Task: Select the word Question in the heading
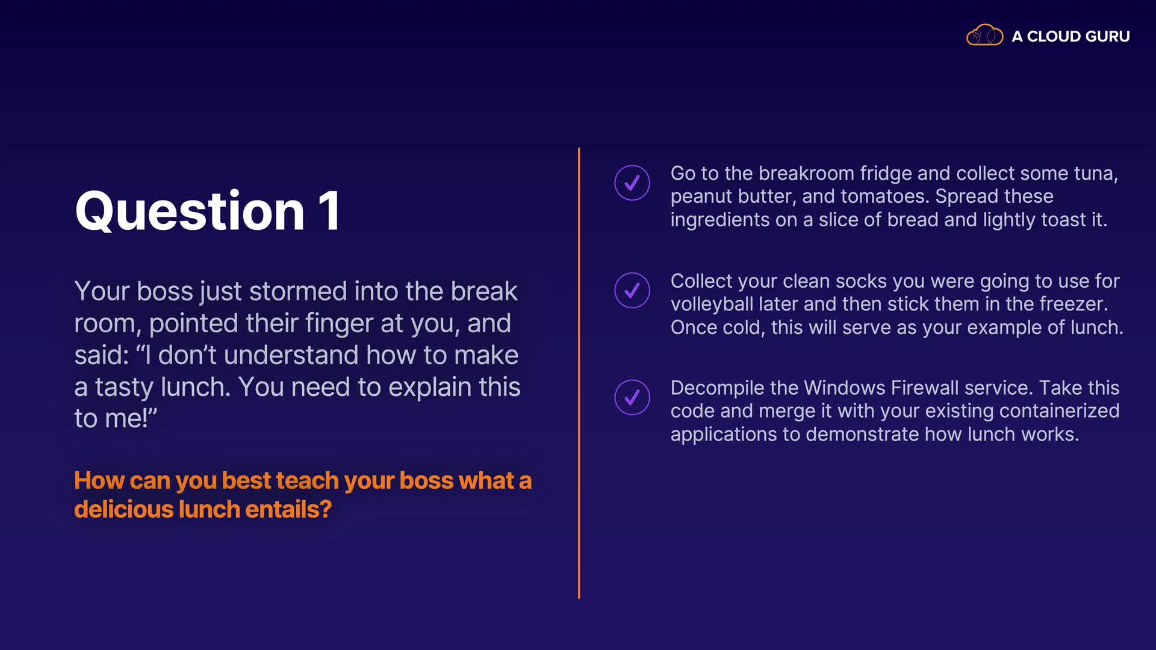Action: click(x=190, y=211)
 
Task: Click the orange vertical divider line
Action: click(x=579, y=373)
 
